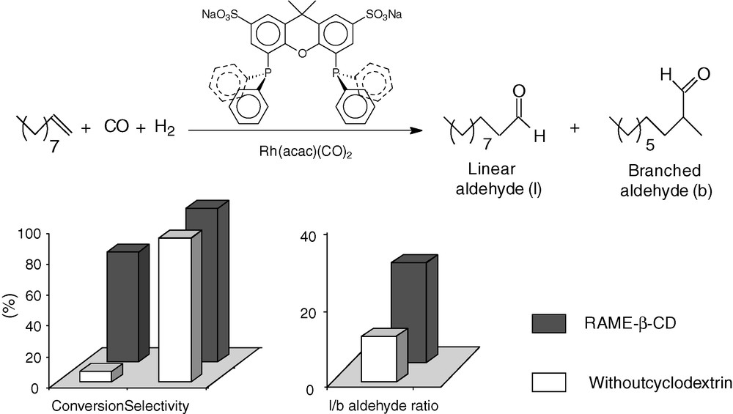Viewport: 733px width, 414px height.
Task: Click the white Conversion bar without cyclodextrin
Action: (96, 376)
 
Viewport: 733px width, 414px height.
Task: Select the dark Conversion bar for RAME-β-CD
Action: (122, 306)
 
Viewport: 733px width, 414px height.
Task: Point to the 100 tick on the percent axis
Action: (29, 234)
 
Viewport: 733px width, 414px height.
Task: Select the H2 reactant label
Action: (164, 130)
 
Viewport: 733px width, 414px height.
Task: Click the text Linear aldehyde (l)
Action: (498, 180)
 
